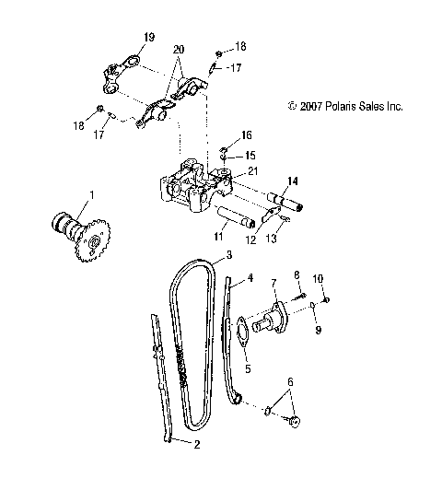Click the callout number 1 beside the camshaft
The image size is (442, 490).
coord(91,195)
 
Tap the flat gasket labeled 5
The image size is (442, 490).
coord(238,331)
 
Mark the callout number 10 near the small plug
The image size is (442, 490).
coord(318,278)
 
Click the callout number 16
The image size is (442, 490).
coord(246,134)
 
